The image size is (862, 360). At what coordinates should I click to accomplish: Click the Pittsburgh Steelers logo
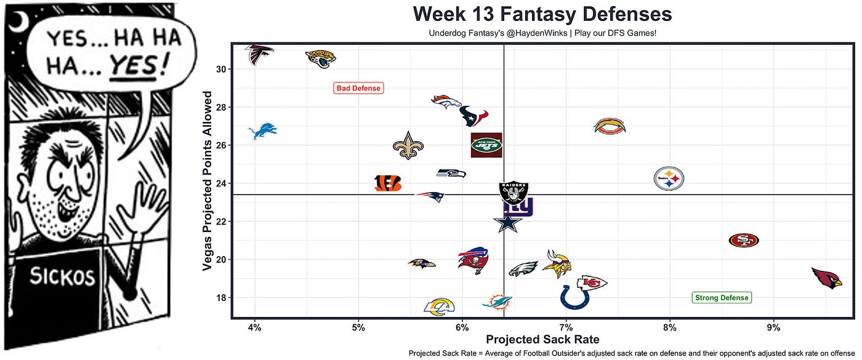point(669,178)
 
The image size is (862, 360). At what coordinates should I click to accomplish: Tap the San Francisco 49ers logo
point(743,240)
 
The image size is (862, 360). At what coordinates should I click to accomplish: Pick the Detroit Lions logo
point(262,132)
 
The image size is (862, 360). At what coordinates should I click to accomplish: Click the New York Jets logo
point(486,145)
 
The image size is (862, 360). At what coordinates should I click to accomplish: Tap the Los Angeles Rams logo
point(439,306)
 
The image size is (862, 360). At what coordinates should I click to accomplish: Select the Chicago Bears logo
point(610,127)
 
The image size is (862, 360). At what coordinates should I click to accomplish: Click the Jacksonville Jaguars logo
point(321,59)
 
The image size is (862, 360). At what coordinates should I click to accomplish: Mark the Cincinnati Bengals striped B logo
point(388,183)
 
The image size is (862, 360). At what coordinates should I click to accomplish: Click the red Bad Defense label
point(358,89)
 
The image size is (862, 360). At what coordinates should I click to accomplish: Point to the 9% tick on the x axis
point(774,326)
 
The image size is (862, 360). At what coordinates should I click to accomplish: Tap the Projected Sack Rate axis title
point(542,339)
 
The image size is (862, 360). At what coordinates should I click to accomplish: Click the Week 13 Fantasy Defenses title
point(542,14)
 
